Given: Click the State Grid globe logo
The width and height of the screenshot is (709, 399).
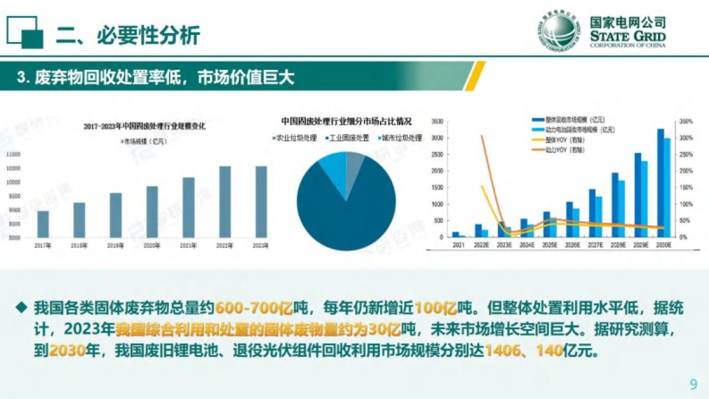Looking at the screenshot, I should [x=562, y=32].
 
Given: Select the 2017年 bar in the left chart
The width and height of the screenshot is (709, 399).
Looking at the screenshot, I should [x=43, y=224].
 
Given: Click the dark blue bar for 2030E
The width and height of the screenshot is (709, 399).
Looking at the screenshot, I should [x=661, y=183].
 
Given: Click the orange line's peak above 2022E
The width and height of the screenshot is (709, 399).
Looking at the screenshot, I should [x=482, y=135].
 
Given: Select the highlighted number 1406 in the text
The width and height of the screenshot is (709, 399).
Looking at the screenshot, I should [x=504, y=351].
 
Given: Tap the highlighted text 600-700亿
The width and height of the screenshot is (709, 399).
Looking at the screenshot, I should [x=254, y=308].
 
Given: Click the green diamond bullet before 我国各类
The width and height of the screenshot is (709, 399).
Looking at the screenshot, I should [x=22, y=307].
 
